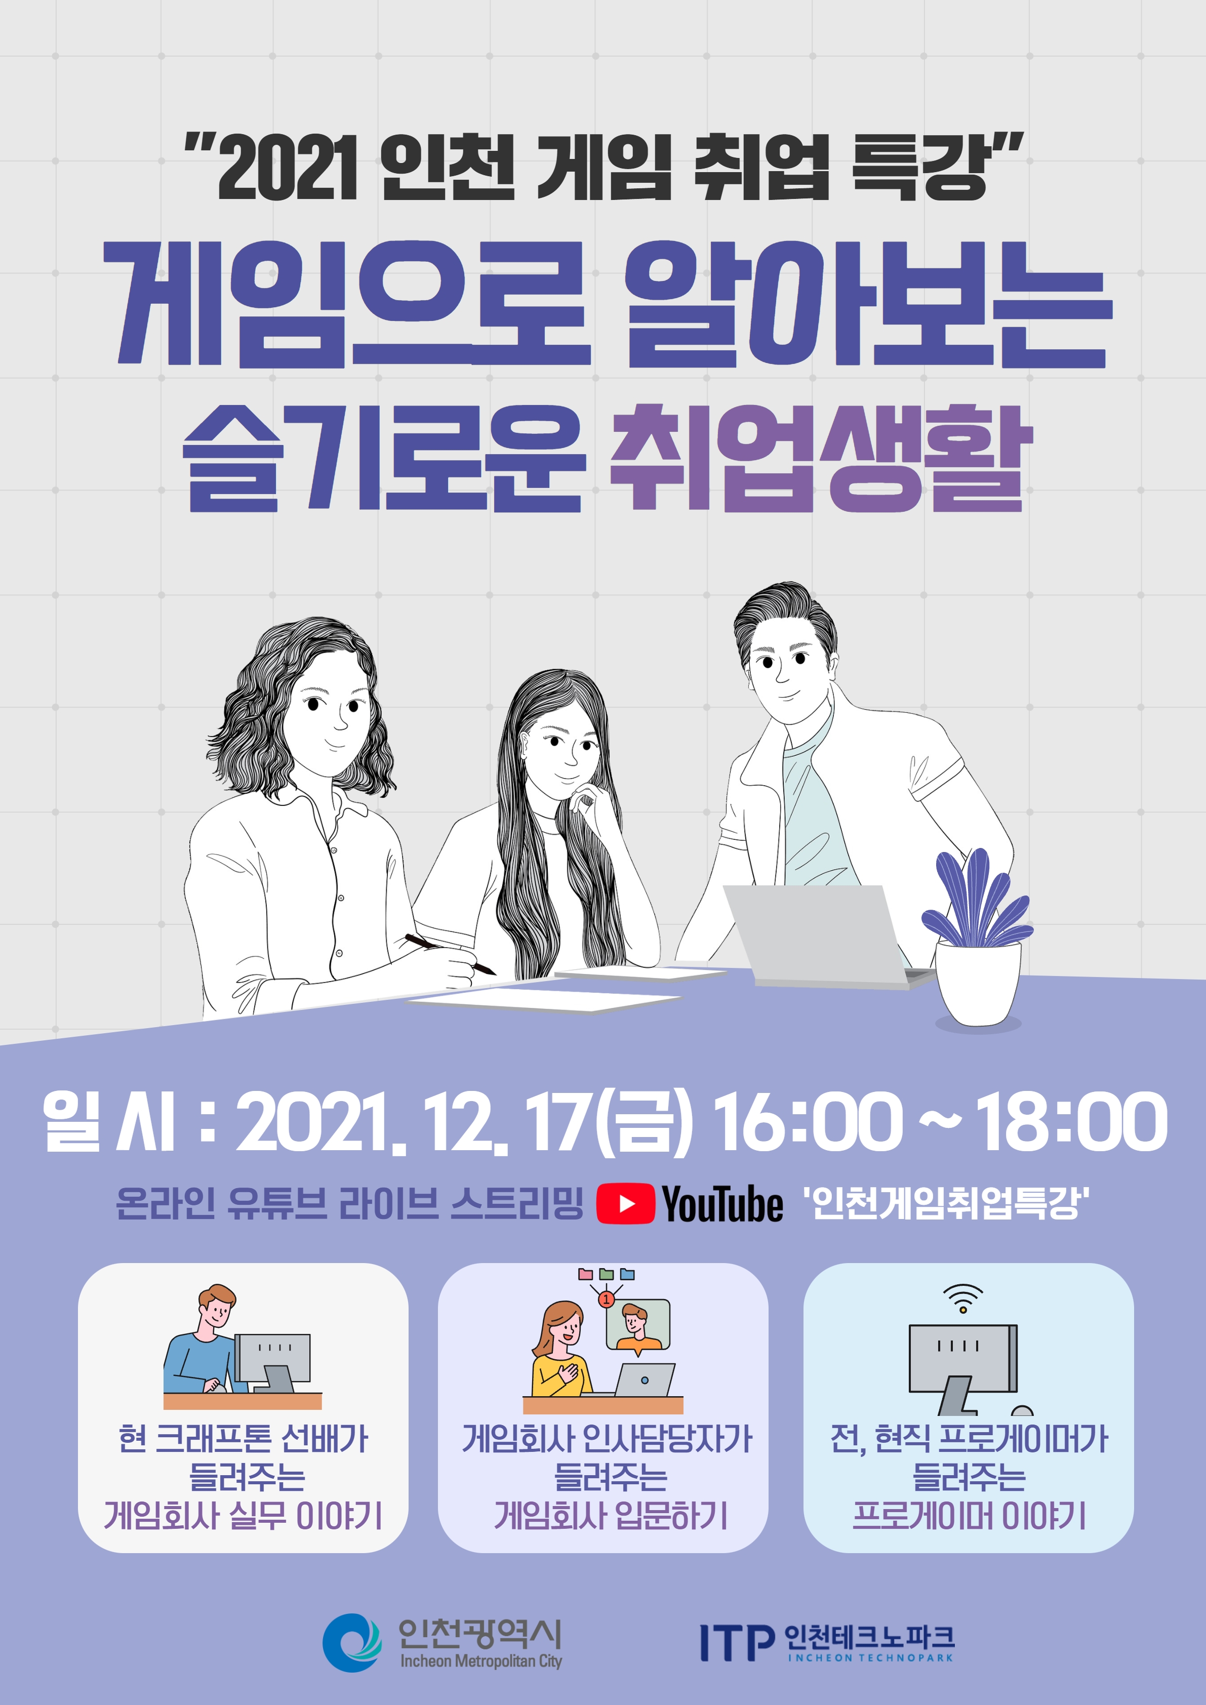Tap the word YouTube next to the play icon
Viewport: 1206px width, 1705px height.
[722, 1204]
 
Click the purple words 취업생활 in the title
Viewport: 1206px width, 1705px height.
[821, 458]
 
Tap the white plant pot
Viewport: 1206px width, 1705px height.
[977, 985]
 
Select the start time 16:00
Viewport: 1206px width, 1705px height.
[807, 1121]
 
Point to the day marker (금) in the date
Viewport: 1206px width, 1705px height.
[645, 1122]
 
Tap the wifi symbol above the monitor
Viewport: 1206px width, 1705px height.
[963, 1296]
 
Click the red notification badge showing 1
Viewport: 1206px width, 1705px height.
[606, 1299]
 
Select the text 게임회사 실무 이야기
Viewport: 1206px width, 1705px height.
[243, 1516]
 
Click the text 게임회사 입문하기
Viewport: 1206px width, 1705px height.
[611, 1516]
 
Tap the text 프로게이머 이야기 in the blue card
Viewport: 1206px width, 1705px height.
[969, 1516]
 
